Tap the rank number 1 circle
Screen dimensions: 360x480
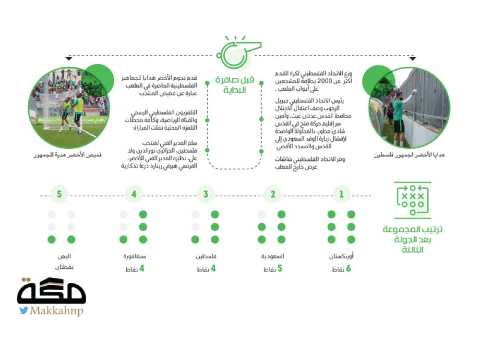point(341,194)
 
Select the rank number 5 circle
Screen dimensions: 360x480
point(60,194)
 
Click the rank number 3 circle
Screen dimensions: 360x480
point(206,194)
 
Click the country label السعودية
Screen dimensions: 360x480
point(273,256)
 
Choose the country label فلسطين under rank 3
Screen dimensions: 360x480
point(205,256)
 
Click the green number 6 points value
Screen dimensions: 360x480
point(348,268)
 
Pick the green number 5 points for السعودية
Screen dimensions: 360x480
point(279,268)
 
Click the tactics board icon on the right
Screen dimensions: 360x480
point(412,201)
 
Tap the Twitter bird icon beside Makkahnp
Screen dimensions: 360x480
point(24,311)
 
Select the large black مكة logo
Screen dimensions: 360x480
point(51,290)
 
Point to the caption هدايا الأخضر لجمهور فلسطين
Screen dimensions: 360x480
point(409,155)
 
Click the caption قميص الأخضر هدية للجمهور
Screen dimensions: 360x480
point(68,155)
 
